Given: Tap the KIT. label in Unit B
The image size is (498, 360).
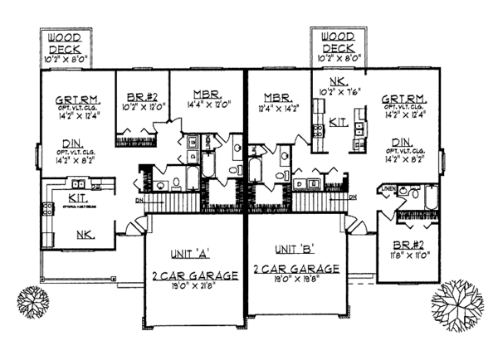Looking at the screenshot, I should click(338, 121).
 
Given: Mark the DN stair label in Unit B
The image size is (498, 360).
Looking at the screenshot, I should click(354, 197).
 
